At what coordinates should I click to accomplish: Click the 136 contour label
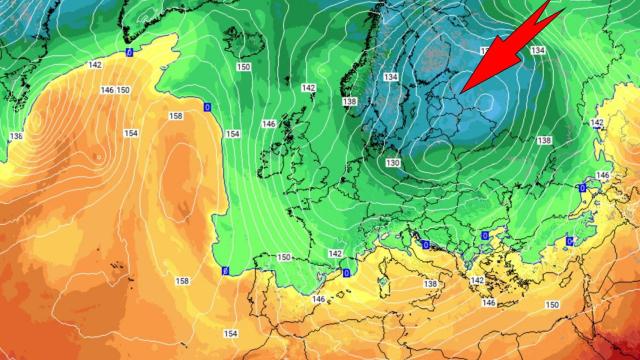pyautogui.click(x=15, y=136)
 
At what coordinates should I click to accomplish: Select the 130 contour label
pyautogui.click(x=394, y=162)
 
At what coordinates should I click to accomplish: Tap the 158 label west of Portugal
pyautogui.click(x=181, y=279)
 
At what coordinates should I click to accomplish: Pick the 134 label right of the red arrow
pyautogui.click(x=538, y=50)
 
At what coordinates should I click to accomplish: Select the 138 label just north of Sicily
pyautogui.click(x=431, y=285)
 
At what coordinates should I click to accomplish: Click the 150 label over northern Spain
pyautogui.click(x=284, y=257)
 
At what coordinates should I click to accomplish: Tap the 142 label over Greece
pyautogui.click(x=477, y=280)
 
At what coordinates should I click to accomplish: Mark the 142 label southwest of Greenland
pyautogui.click(x=95, y=64)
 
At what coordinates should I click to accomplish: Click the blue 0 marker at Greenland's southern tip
pyautogui.click(x=128, y=51)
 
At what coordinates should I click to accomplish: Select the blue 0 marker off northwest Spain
pyautogui.click(x=224, y=270)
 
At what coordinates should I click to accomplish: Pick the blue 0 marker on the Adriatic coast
pyautogui.click(x=426, y=244)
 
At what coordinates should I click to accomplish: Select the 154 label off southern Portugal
pyautogui.click(x=231, y=333)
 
